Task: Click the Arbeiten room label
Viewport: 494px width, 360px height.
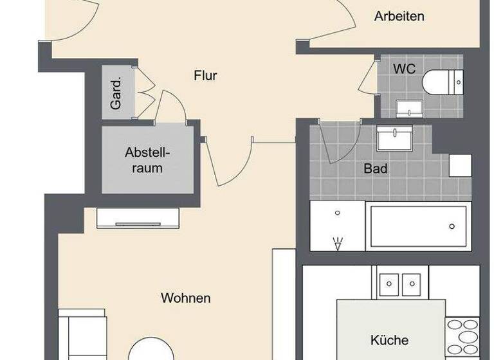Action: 399,17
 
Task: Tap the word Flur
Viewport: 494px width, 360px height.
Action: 205,76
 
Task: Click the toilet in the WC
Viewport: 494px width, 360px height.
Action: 442,82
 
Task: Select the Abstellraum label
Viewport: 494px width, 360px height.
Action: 147,160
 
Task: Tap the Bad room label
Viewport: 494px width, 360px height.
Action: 375,169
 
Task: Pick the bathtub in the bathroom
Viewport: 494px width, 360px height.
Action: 417,226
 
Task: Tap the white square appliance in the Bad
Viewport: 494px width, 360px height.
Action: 460,166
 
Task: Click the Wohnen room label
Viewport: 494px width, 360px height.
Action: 186,298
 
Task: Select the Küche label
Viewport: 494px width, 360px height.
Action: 389,339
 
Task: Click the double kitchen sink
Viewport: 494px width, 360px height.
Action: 400,283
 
